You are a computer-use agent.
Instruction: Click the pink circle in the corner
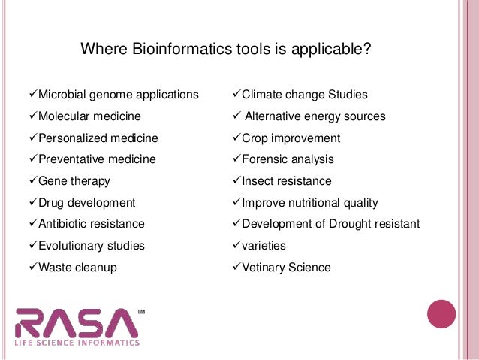[x=441, y=314]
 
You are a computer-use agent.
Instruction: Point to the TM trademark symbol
[x=141, y=310]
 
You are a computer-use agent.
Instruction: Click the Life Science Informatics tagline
[x=77, y=343]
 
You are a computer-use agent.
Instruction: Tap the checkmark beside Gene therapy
[x=32, y=181]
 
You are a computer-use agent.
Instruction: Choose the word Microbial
[x=64, y=95]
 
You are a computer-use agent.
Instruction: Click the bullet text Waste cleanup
[x=77, y=268]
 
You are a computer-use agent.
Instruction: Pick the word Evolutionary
[x=72, y=246]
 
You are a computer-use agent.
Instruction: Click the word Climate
[x=263, y=95]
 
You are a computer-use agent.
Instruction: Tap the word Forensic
[x=266, y=159]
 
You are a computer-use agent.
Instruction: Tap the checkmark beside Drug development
[x=32, y=203]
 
